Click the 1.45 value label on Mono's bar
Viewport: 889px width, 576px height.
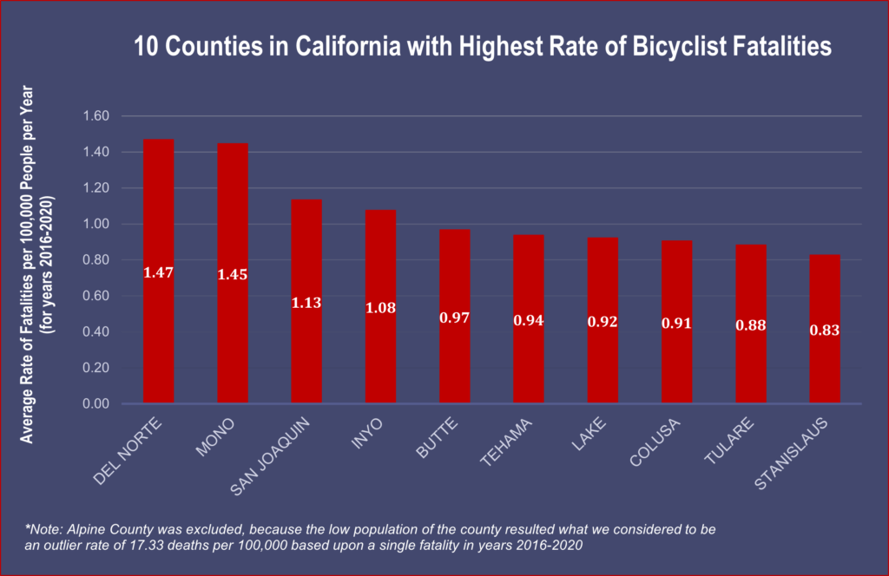pos(233,274)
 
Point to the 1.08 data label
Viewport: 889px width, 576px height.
pos(380,307)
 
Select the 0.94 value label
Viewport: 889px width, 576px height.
pos(528,321)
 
